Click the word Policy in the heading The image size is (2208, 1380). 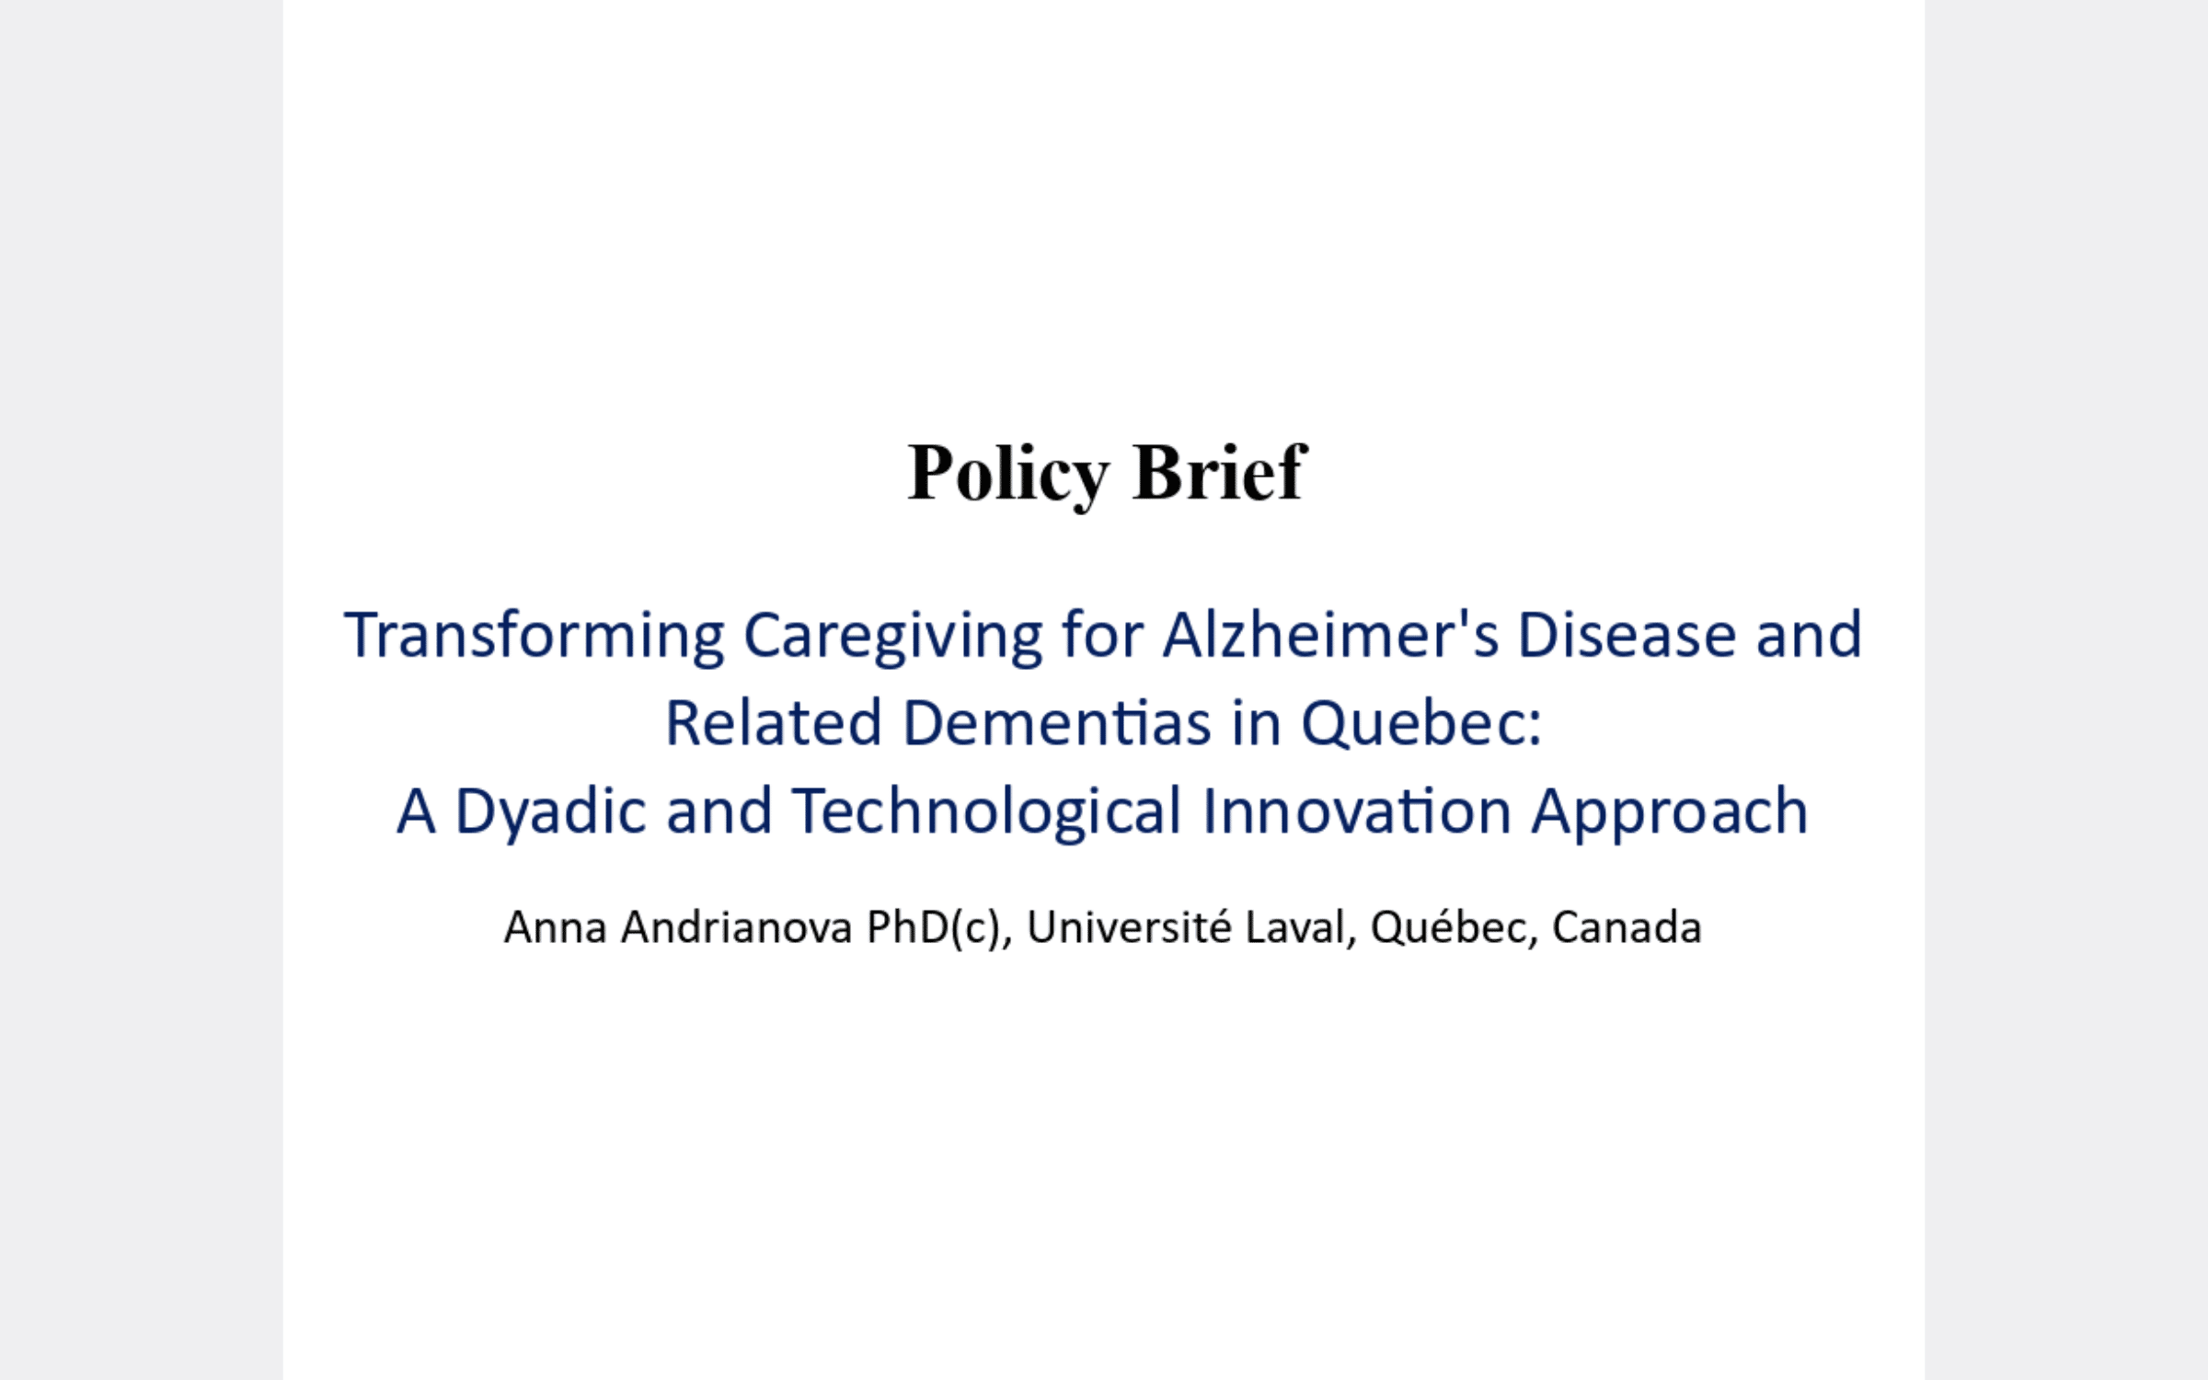pyautogui.click(x=1008, y=474)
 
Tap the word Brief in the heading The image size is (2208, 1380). pyautogui.click(x=1220, y=472)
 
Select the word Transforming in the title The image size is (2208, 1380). pyautogui.click(x=535, y=637)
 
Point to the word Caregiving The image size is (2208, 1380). pyautogui.click(x=892, y=637)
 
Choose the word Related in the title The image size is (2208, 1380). pyautogui.click(x=774, y=722)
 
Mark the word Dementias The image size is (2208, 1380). pyautogui.click(x=1057, y=722)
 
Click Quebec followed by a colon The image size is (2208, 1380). pyautogui.click(x=1421, y=724)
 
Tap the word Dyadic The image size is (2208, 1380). pyautogui.click(x=550, y=812)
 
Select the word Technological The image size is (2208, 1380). pyautogui.click(x=986, y=812)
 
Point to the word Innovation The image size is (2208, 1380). pyautogui.click(x=1357, y=811)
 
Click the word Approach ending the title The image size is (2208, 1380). pyautogui.click(x=1670, y=812)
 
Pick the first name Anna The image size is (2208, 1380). pyautogui.click(x=556, y=927)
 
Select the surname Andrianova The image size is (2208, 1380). pyautogui.click(x=737, y=927)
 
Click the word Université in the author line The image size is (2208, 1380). pyautogui.click(x=1129, y=927)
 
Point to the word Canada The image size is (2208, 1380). pyautogui.click(x=1627, y=927)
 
